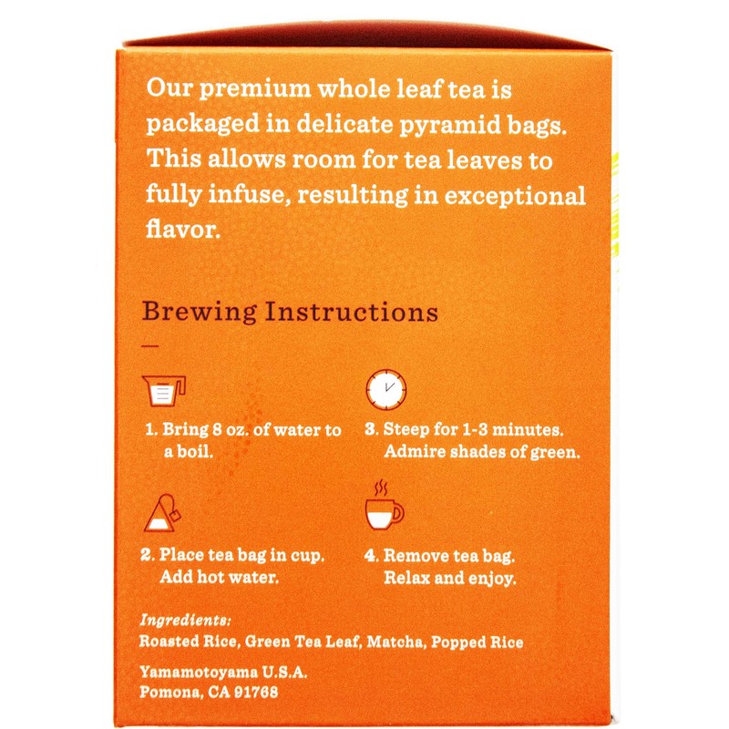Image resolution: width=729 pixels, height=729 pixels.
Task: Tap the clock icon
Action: pos(385,389)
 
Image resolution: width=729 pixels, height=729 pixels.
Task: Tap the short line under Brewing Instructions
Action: pos(151,346)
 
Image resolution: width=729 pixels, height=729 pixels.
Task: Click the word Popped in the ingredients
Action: pos(464,642)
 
